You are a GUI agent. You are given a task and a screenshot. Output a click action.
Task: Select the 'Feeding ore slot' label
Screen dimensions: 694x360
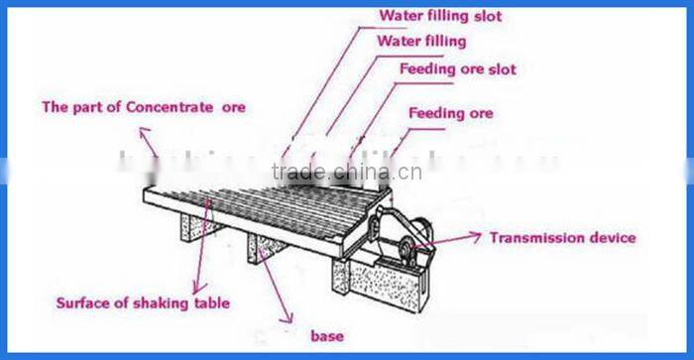pyautogui.click(x=457, y=69)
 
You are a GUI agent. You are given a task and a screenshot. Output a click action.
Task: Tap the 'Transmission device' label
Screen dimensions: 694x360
pyautogui.click(x=562, y=238)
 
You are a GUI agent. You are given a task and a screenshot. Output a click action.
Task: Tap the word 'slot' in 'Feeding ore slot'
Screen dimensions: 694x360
pyautogui.click(x=501, y=69)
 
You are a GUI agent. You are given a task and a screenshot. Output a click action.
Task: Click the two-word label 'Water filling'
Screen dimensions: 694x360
pyautogui.click(x=421, y=42)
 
